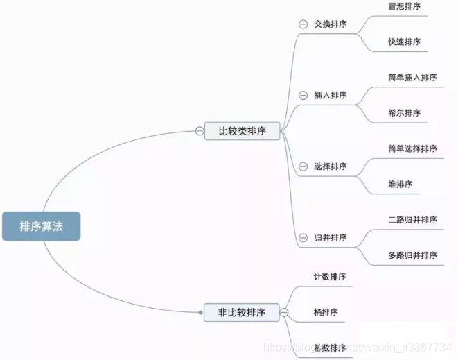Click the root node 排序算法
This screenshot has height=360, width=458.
[x=41, y=226]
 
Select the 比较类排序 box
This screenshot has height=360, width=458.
[x=242, y=130]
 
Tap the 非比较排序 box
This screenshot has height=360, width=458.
[x=241, y=312]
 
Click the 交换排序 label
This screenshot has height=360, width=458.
[x=330, y=24]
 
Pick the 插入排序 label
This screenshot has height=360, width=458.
[x=330, y=95]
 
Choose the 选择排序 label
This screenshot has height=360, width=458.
[x=330, y=166]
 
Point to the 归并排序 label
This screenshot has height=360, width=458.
[x=330, y=238]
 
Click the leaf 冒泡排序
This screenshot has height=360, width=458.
[x=404, y=6]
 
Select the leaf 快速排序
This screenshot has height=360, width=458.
[x=404, y=42]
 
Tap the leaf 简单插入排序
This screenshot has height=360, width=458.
[x=412, y=77]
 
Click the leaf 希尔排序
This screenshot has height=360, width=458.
[x=404, y=113]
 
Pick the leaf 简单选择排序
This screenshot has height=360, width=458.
[x=412, y=148]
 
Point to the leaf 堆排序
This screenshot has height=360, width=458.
[x=400, y=185]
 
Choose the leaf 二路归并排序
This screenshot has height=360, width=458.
[x=412, y=220]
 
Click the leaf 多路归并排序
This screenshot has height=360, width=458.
[x=412, y=255]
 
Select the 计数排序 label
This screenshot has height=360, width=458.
[x=330, y=277]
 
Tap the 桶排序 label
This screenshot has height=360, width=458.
[x=326, y=312]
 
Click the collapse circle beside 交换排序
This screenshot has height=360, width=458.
[x=303, y=24]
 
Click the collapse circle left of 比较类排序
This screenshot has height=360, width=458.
[x=200, y=130]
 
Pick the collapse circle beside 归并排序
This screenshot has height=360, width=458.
[x=303, y=238]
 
